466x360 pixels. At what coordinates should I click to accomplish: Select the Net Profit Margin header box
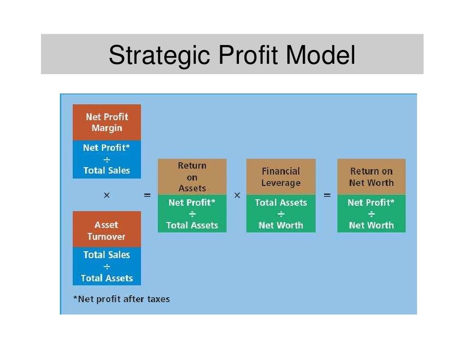tap(107, 123)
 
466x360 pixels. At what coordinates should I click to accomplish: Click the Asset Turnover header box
tap(106, 230)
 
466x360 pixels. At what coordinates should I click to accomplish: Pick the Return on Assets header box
tap(192, 177)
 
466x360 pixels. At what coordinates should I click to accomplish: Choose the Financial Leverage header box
tap(280, 177)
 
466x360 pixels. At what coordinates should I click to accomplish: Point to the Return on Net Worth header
tap(371, 177)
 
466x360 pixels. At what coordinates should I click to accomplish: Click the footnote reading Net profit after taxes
tap(121, 299)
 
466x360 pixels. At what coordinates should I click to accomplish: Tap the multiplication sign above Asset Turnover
tap(106, 196)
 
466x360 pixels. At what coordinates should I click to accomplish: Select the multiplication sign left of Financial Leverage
tap(237, 196)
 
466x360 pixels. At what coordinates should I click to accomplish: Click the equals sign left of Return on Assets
tap(147, 196)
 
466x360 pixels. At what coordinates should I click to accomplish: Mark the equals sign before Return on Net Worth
tap(327, 196)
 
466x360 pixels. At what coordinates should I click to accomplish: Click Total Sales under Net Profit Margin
tap(107, 171)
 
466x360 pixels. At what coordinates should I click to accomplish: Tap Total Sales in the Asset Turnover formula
tap(107, 255)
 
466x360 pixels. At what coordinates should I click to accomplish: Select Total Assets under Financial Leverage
tap(280, 203)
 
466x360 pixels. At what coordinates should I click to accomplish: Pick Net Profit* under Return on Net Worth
tap(371, 203)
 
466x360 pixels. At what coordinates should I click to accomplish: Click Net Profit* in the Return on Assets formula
tap(192, 203)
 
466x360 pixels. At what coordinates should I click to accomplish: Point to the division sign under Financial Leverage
tap(280, 214)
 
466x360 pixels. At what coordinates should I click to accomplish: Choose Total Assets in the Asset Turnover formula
tap(107, 278)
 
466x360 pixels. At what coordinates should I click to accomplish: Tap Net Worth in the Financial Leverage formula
tap(280, 225)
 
